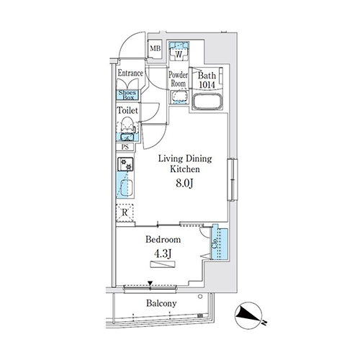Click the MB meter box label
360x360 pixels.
click(156, 48)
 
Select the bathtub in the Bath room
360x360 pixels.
click(208, 102)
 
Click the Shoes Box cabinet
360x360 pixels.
click(128, 95)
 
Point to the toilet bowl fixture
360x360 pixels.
click(127, 125)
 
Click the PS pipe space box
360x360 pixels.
click(125, 147)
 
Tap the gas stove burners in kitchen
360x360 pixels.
click(126, 164)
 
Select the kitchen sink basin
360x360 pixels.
click(125, 188)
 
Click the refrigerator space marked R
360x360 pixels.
click(125, 212)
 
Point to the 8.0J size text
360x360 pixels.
click(185, 184)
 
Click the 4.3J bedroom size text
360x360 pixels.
click(163, 254)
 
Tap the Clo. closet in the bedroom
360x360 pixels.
click(219, 244)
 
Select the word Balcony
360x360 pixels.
click(161, 304)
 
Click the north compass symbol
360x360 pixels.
click(248, 315)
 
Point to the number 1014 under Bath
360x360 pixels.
click(207, 85)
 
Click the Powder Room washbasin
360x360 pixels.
click(179, 97)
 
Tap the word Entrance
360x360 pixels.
click(130, 73)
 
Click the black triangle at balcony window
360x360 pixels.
click(150, 284)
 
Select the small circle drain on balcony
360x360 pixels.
click(200, 297)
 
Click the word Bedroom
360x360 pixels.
click(163, 240)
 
